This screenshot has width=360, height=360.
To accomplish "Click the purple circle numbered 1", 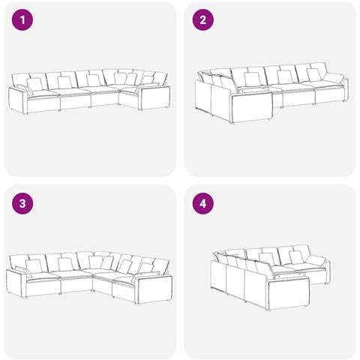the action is (22, 19).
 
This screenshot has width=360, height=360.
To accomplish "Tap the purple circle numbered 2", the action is (202, 19).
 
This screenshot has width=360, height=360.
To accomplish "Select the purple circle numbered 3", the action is (22, 203).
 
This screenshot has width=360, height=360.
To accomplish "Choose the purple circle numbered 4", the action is (202, 203).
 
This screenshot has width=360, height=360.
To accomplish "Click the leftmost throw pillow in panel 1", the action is (35, 84).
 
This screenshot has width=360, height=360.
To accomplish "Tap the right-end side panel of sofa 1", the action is (154, 97).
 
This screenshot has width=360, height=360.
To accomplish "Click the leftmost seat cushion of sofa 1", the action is (43, 94).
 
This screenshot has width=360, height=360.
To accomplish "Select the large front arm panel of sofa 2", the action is (251, 107).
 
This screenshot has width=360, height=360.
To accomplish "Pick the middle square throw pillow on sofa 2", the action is (285, 77).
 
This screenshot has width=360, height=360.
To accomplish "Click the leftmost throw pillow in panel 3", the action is (34, 266).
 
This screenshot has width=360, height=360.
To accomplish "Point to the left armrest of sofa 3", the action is (16, 283).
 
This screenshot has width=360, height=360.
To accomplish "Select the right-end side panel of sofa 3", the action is (154, 289).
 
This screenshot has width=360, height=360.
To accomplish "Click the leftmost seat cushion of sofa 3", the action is (43, 277).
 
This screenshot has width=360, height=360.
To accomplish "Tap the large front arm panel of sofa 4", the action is (289, 292).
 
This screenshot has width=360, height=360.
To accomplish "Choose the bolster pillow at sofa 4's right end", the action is (316, 260).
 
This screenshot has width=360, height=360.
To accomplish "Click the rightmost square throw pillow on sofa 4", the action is (296, 257).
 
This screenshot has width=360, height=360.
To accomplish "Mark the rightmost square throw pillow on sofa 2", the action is (314, 75).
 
